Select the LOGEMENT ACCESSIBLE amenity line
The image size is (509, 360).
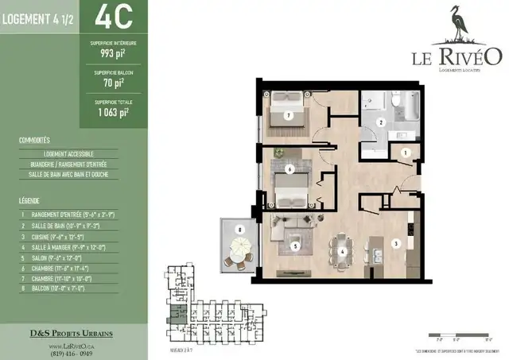(x=69, y=153)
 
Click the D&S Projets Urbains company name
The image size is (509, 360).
(x=73, y=332)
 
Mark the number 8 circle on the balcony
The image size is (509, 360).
(x=239, y=231)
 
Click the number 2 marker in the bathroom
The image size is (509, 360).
(x=381, y=122)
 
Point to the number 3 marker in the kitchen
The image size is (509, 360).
(x=394, y=243)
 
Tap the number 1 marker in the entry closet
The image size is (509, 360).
(x=405, y=152)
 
